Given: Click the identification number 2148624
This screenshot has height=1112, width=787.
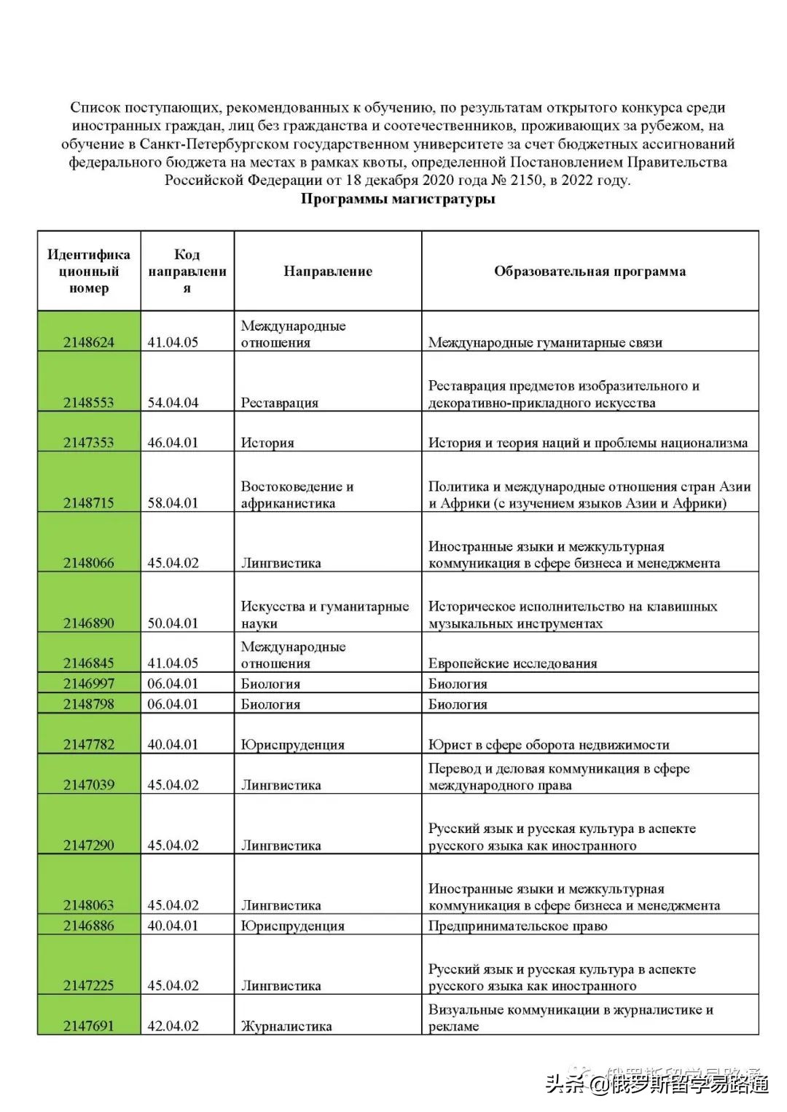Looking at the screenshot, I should (x=88, y=342).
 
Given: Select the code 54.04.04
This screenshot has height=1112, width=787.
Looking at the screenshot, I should (x=173, y=403).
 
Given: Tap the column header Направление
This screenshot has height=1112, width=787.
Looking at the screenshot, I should (x=328, y=272).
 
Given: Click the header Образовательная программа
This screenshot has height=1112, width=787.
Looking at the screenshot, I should (x=590, y=272).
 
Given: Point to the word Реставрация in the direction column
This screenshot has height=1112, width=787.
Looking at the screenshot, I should (x=280, y=403).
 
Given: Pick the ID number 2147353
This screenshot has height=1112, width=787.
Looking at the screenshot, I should (x=88, y=443).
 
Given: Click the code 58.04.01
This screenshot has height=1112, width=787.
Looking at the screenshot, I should (x=173, y=503).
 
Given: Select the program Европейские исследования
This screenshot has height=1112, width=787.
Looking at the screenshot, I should (x=512, y=663).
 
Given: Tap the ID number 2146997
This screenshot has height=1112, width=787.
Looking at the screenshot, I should (x=88, y=684).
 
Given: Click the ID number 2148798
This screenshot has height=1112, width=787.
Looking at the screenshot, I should (x=88, y=704).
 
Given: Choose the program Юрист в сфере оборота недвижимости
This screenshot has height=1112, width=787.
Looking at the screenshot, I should (x=548, y=745).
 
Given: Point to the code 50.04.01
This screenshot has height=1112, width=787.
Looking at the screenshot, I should (x=173, y=623).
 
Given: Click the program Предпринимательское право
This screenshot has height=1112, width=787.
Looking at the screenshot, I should (x=517, y=926).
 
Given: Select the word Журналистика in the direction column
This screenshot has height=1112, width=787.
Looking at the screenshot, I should (x=286, y=1026).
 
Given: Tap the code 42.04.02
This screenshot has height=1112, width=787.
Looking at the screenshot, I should (x=173, y=1026).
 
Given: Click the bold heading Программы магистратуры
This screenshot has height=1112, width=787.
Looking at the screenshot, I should (x=398, y=199).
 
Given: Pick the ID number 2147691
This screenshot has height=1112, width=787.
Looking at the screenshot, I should (x=88, y=1026).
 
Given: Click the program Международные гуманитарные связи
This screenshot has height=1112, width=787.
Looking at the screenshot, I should (x=545, y=342).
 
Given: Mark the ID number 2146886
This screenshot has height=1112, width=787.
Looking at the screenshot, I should (x=88, y=926).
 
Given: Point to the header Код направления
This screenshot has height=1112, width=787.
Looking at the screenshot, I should (x=187, y=272).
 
